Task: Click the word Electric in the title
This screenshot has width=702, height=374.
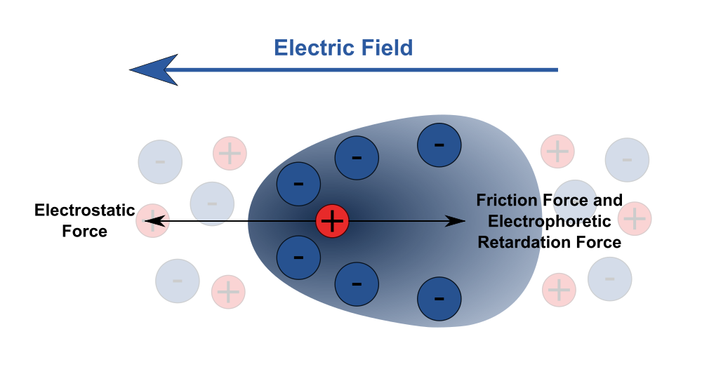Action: pos(312,48)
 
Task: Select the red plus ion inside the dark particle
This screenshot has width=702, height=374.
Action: pos(332,221)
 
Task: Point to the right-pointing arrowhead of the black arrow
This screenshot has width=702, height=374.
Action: pos(457,221)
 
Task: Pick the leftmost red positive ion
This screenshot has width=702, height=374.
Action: pos(152,221)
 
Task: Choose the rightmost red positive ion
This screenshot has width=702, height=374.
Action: pos(635,218)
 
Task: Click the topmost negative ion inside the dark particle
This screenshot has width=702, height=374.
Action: pos(439,145)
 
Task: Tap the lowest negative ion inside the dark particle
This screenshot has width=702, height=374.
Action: pos(439,298)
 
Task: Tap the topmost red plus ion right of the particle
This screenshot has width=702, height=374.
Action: pos(557,152)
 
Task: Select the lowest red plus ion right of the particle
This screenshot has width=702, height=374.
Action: pos(559,290)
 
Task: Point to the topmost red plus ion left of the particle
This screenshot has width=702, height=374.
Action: pos(230,153)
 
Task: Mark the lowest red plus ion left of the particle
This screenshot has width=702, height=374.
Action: pos(228,291)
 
